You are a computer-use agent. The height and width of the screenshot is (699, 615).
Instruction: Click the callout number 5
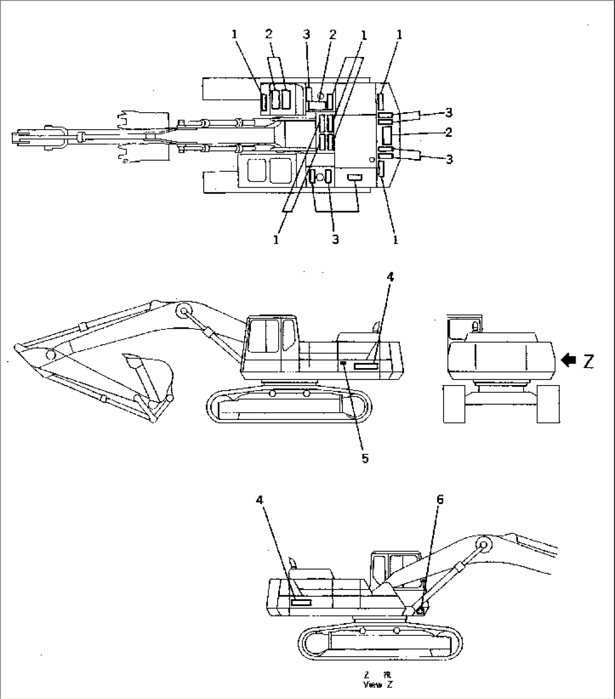365,458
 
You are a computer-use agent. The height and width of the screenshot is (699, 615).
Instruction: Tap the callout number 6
440,499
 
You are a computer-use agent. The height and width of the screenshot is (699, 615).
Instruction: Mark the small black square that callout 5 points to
343,364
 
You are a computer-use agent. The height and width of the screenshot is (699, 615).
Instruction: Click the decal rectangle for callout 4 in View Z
301,603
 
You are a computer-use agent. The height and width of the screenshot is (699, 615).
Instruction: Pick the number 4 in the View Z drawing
259,499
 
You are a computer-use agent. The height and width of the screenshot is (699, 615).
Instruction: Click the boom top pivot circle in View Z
482,545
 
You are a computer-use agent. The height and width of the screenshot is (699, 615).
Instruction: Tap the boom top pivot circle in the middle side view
183,311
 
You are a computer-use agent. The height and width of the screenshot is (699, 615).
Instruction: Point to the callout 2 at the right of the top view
449,133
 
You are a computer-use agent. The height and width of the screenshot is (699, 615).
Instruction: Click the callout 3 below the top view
335,240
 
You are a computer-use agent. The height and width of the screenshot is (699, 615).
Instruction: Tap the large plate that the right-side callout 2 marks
388,135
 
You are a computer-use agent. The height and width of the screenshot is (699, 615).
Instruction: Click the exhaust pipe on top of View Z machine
292,563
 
